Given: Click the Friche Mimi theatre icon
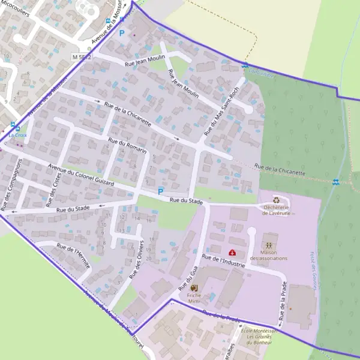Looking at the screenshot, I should click(194, 289).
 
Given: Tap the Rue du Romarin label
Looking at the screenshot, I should click(127, 146).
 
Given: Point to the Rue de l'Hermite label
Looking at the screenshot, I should click(73, 254).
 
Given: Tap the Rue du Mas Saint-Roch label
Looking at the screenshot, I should click(221, 110).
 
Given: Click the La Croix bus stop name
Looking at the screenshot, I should click(17, 136).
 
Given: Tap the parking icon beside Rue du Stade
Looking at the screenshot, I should click(160, 191).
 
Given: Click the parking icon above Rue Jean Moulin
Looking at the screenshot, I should click(122, 34).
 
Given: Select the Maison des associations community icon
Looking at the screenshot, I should click(268, 245).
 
